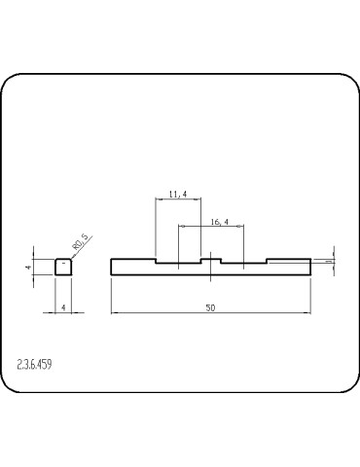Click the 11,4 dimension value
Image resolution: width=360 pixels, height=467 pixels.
tap(178, 196)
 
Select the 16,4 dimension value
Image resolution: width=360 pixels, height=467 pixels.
tap(219, 223)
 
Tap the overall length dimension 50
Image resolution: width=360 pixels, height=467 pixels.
tap(210, 307)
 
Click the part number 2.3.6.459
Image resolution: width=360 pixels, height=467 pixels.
tap(35, 365)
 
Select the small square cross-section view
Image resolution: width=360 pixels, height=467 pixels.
tap(63, 268)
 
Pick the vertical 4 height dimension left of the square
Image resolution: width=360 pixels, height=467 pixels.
tap(30, 267)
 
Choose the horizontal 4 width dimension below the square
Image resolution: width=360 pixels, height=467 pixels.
tap(63, 307)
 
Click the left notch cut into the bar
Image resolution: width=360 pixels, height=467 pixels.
tap(178, 262)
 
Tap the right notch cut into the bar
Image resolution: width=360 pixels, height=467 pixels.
tap(243, 262)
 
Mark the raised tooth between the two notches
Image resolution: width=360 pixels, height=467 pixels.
tap(210, 260)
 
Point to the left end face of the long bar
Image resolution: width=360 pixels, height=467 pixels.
tap(111, 268)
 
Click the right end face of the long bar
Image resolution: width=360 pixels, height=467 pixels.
tap(310, 268)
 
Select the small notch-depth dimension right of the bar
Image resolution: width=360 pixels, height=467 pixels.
tap(329, 261)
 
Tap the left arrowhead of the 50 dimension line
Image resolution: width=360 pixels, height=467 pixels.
tap(114, 313)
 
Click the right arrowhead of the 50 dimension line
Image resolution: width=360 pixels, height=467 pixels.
tap(307, 313)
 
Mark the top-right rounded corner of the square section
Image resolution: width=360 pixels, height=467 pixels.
tap(71, 259)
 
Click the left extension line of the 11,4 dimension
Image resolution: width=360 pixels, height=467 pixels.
tap(156, 229)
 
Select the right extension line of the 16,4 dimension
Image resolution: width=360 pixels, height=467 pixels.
tap(243, 243)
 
